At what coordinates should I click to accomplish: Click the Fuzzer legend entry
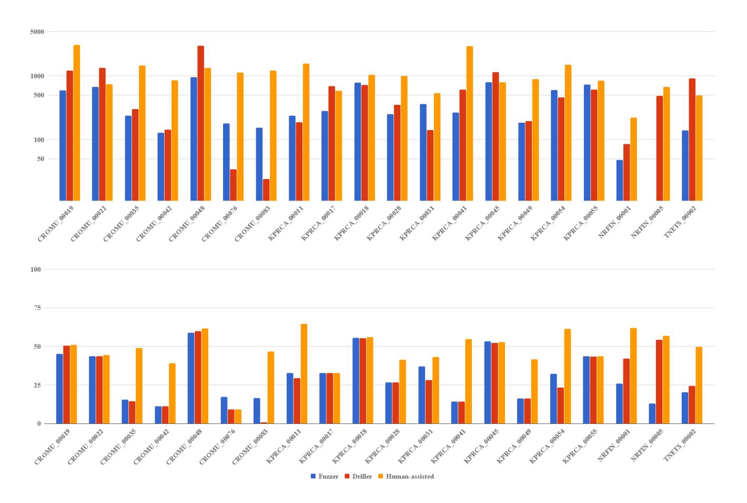click(x=325, y=477)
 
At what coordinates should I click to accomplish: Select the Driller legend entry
click(x=358, y=477)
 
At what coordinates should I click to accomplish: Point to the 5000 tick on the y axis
click(x=37, y=32)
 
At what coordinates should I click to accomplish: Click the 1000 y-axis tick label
click(x=37, y=76)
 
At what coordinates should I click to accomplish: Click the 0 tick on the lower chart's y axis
click(x=39, y=423)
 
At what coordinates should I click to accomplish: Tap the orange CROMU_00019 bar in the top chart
click(x=77, y=123)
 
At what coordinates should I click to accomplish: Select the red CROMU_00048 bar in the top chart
click(x=201, y=123)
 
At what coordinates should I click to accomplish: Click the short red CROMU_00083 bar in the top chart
click(x=266, y=190)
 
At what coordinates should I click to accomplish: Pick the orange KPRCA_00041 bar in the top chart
click(x=470, y=123)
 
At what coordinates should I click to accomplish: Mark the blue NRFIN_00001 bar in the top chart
click(x=620, y=180)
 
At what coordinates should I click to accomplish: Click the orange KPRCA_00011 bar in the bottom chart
click(x=304, y=374)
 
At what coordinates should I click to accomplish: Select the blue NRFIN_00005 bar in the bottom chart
click(x=652, y=413)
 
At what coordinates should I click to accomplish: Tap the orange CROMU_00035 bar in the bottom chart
click(x=139, y=386)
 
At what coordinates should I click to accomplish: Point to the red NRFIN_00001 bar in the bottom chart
click(x=627, y=391)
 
